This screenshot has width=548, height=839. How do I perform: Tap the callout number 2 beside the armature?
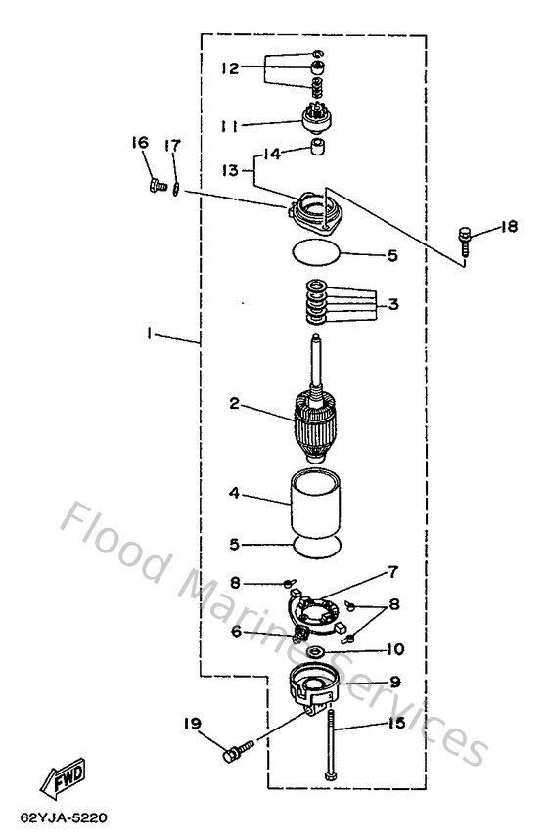click(x=235, y=403)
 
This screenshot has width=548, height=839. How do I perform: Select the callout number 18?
click(x=507, y=227)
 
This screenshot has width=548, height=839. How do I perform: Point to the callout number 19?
click(x=192, y=725)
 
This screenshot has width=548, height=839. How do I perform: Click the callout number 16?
click(x=140, y=143)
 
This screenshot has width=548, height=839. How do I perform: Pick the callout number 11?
click(x=229, y=125)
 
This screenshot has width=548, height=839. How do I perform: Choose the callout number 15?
click(x=394, y=725)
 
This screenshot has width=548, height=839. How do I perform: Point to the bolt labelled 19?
click(x=237, y=755)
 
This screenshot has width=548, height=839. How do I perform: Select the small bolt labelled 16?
click(x=154, y=184)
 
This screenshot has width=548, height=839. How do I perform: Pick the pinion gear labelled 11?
click(x=316, y=121)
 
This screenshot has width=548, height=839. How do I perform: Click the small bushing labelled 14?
click(x=316, y=150)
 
